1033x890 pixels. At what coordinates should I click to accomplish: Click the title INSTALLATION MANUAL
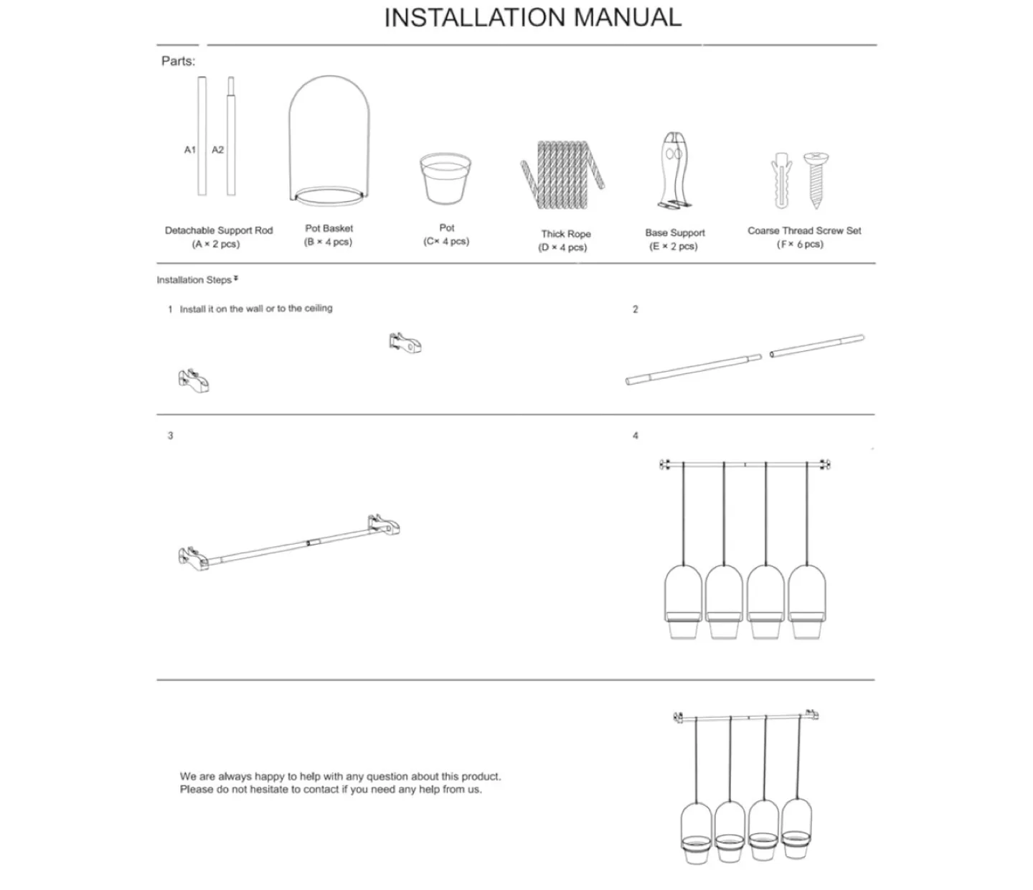click(x=532, y=18)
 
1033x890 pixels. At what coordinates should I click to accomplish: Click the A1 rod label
click(x=189, y=150)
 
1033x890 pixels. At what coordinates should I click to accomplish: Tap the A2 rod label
click(x=217, y=150)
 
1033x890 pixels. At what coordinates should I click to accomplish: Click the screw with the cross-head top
click(x=816, y=179)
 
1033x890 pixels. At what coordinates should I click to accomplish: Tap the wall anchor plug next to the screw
click(x=781, y=179)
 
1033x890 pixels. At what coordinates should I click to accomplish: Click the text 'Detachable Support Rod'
click(x=219, y=230)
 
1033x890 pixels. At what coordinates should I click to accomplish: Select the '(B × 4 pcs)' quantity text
click(x=328, y=242)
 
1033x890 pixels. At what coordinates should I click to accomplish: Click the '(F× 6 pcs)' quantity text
click(x=800, y=244)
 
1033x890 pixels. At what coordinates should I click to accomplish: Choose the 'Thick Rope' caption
click(x=565, y=234)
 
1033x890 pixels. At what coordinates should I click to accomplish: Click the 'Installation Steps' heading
click(x=194, y=280)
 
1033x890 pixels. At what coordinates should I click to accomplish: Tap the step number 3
click(x=170, y=436)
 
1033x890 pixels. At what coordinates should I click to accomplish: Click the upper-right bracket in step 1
click(x=405, y=343)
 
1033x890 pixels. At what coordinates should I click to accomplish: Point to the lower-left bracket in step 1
click(x=194, y=380)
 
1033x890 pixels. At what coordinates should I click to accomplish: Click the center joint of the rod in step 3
click(x=308, y=543)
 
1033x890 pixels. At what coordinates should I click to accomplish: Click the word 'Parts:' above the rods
click(x=178, y=62)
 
